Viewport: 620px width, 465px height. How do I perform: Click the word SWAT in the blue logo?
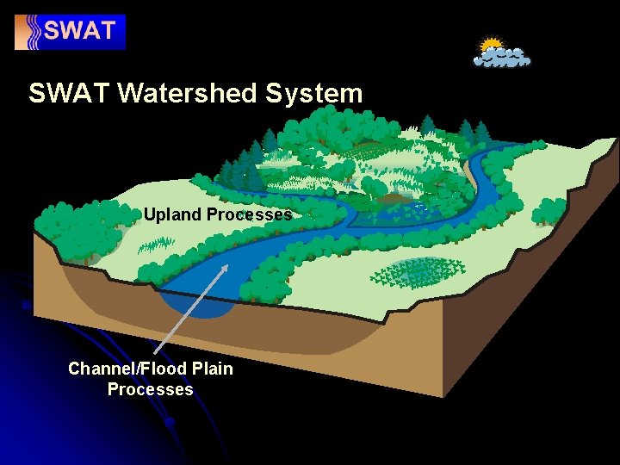click(x=80, y=32)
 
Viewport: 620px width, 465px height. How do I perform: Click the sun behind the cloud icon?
click(x=491, y=45)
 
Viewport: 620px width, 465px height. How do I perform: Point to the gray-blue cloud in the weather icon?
click(x=504, y=58)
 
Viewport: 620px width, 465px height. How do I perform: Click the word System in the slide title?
click(x=314, y=93)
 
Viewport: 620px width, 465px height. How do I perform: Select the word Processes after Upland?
click(x=249, y=214)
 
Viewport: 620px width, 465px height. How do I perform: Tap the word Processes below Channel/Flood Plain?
click(x=150, y=389)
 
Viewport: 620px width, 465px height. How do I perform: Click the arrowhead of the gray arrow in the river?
click(x=227, y=268)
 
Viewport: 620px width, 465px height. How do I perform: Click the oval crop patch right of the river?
click(x=417, y=273)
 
